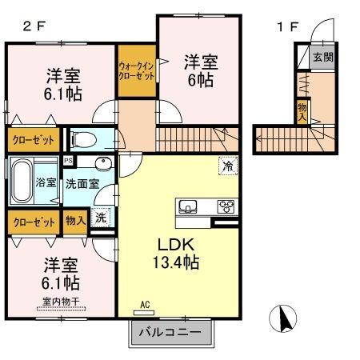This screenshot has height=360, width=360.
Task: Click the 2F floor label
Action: (x=33, y=26)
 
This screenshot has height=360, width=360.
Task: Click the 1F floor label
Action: (x=287, y=26)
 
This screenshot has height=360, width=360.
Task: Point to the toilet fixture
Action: (x=81, y=141)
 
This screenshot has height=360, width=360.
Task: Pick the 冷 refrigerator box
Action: (x=227, y=167)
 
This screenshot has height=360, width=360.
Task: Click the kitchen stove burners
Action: (x=226, y=206)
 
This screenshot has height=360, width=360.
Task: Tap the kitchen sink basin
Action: (x=190, y=206)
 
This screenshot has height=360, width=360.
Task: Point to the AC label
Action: (x=145, y=304)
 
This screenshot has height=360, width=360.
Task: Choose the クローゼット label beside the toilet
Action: (x=33, y=140)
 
